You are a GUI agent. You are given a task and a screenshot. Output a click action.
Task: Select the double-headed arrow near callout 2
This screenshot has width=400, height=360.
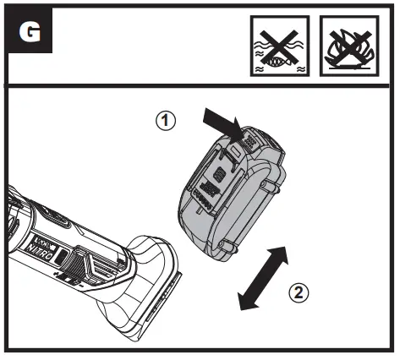(262, 276)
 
